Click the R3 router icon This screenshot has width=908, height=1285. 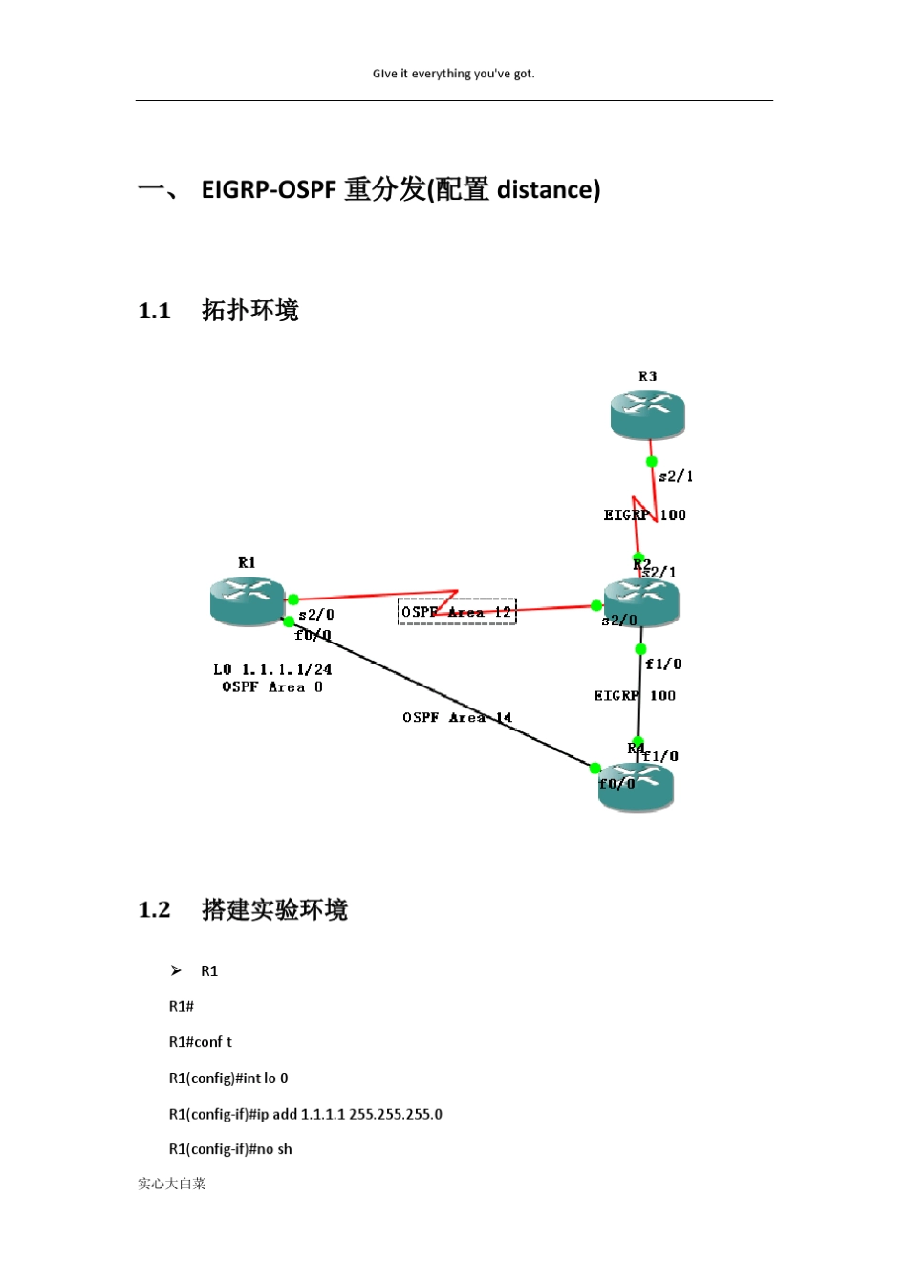click(x=648, y=414)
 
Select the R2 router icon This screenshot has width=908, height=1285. click(x=641, y=600)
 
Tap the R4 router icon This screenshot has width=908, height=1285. click(x=637, y=787)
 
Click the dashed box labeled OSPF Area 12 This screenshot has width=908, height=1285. click(x=457, y=611)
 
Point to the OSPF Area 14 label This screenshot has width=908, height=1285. click(x=457, y=717)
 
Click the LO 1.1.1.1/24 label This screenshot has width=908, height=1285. click(x=272, y=669)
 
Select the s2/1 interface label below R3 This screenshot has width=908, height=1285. click(x=676, y=476)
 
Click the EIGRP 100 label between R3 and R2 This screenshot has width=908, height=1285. click(x=644, y=514)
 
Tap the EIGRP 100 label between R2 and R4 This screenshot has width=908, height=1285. click(x=635, y=695)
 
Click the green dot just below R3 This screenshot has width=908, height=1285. click(x=652, y=461)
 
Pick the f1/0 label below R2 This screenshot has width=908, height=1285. click(x=663, y=664)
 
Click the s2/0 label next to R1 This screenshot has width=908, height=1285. click(x=316, y=615)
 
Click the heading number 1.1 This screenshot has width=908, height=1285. click(x=154, y=311)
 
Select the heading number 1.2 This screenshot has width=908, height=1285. click(x=154, y=909)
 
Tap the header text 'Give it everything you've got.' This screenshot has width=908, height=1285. click(x=454, y=74)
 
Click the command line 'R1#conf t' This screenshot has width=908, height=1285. click(x=201, y=1042)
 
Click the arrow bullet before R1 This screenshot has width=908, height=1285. click(x=176, y=970)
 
